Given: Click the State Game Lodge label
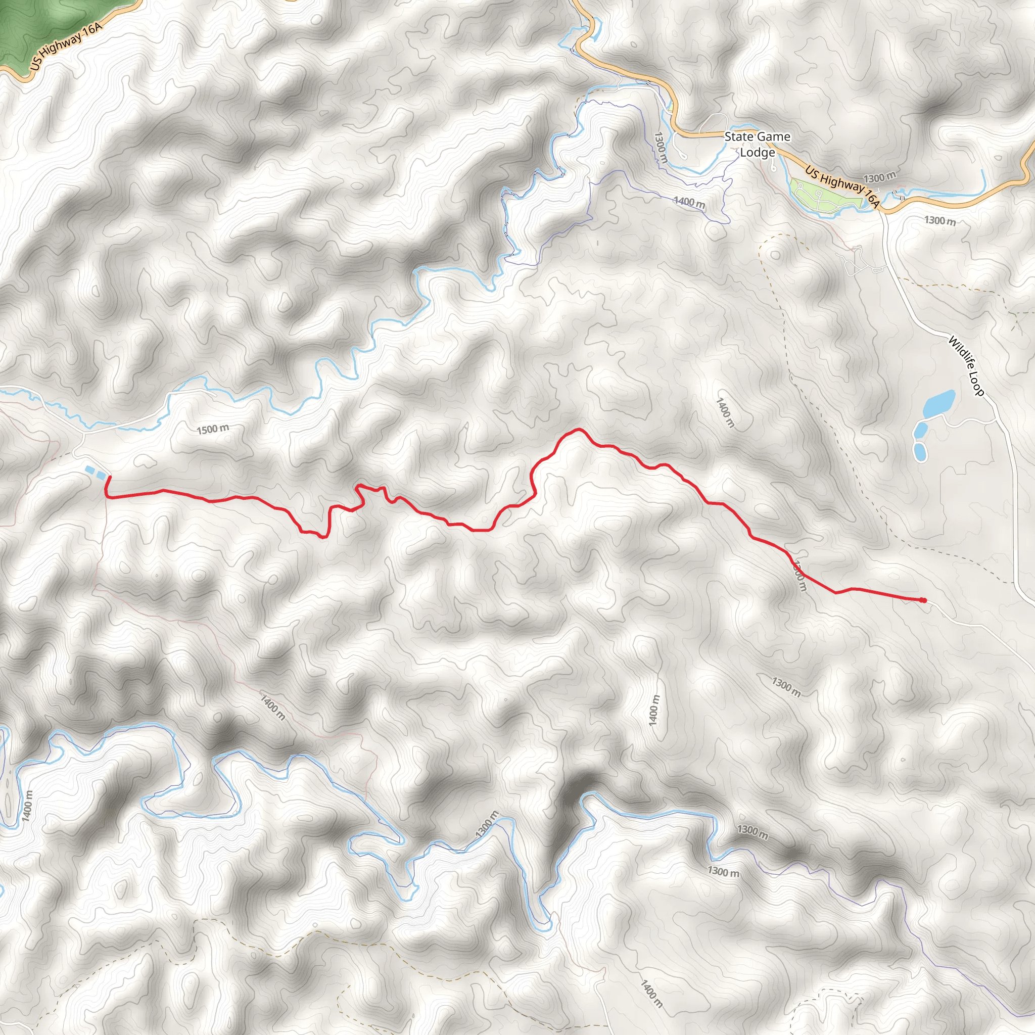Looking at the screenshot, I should [757, 144].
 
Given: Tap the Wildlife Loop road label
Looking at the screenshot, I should [966, 366].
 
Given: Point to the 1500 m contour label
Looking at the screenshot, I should [213, 429].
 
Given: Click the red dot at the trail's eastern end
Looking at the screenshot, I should [923, 600].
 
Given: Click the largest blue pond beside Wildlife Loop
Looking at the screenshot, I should [939, 403].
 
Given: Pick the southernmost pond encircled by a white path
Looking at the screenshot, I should [919, 451].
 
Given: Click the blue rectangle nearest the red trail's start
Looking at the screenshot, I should [101, 474].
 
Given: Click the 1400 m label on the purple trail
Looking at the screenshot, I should [689, 202].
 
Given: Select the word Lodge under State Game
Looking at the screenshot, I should [758, 152].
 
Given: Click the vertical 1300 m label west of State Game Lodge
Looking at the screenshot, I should [661, 148].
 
